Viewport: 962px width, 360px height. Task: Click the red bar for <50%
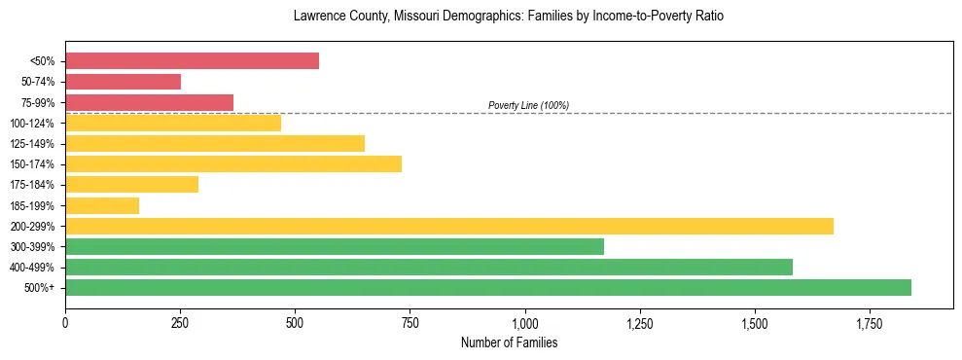click(192, 60)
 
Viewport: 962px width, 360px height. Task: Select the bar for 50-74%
click(123, 82)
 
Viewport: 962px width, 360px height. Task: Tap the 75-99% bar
click(149, 102)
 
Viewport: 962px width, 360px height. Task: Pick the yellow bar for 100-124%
click(173, 123)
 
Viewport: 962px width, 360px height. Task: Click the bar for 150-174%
click(233, 163)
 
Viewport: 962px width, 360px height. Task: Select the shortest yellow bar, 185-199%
click(102, 205)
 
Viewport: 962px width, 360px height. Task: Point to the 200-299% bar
click(449, 226)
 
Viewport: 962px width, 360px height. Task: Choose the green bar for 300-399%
click(335, 246)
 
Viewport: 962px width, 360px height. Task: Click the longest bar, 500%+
click(488, 287)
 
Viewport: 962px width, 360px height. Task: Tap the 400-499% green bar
click(429, 267)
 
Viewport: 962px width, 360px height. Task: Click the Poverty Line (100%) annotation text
click(528, 105)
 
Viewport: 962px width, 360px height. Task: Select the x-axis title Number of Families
click(509, 342)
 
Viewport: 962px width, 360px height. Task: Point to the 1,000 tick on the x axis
click(525, 323)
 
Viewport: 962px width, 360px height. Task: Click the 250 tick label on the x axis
click(180, 323)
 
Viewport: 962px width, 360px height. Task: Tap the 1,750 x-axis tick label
click(870, 323)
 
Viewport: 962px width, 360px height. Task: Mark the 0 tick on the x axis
click(65, 323)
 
